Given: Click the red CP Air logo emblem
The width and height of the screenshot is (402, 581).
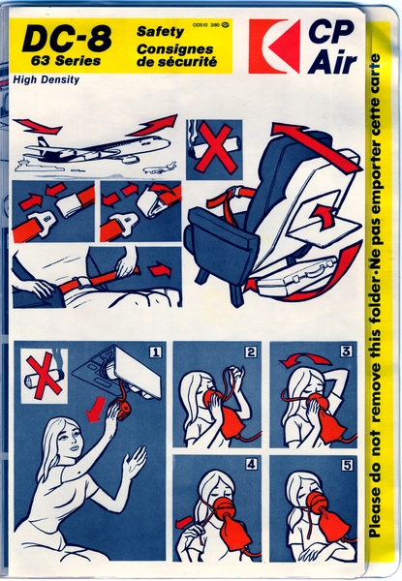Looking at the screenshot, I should point(273,46).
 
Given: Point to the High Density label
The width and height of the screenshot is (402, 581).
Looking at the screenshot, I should point(46,80).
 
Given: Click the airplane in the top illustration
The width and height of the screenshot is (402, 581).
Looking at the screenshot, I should point(97,150).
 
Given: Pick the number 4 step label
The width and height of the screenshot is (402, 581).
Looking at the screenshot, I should point(250,464).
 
